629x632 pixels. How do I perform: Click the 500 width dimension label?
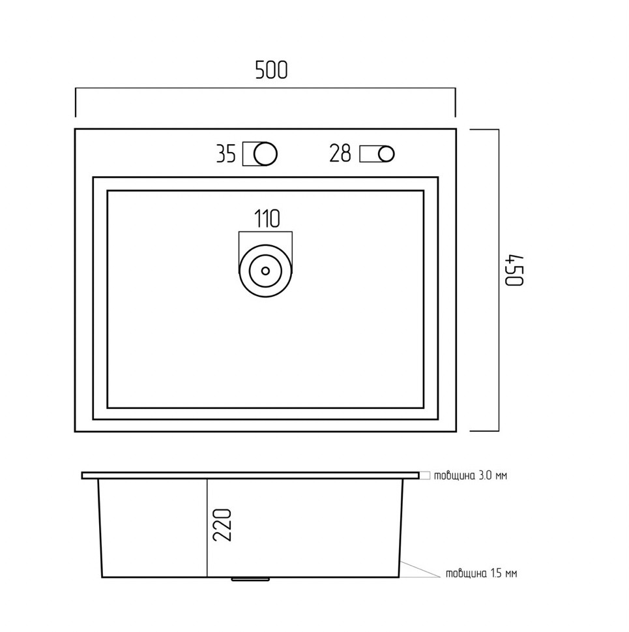point(271,70)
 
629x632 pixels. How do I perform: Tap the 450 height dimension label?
point(514,271)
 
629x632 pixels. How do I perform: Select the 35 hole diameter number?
point(226,153)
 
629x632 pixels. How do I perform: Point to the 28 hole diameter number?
point(340,153)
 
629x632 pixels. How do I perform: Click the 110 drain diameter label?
point(267,219)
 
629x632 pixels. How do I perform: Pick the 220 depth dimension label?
point(222,524)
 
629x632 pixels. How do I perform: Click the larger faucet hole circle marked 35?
point(265,153)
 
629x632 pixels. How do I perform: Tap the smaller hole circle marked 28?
point(387,154)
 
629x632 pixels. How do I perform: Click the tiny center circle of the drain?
point(265,271)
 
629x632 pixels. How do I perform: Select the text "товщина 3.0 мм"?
point(470,475)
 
